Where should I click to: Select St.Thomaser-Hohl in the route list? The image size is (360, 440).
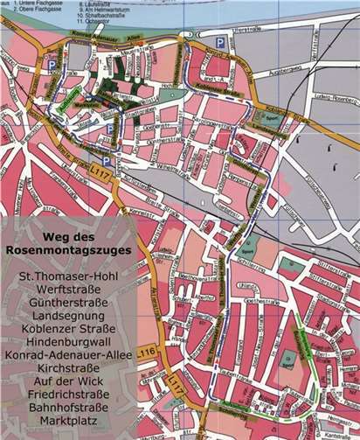(x=67, y=277)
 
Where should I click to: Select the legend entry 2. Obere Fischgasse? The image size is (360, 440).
(x=32, y=9)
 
